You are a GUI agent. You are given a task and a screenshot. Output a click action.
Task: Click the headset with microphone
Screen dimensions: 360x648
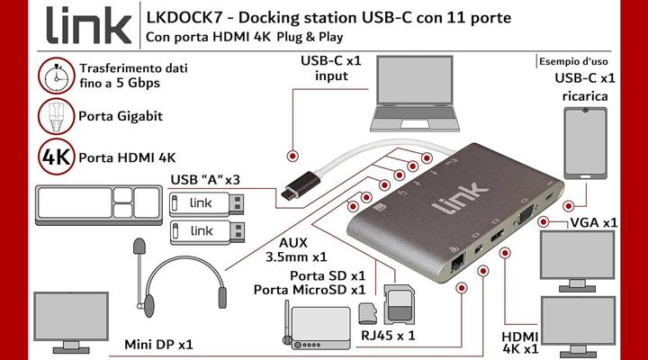click(178, 270)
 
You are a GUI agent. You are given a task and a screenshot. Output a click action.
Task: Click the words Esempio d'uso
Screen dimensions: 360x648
click(572, 61)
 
